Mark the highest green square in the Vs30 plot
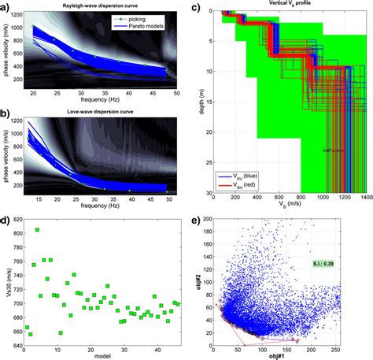click(x=37, y=230)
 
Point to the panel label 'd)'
click(x=6, y=209)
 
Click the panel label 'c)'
click(x=194, y=7)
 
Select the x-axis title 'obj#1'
click(x=286, y=357)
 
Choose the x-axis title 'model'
click(x=103, y=356)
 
